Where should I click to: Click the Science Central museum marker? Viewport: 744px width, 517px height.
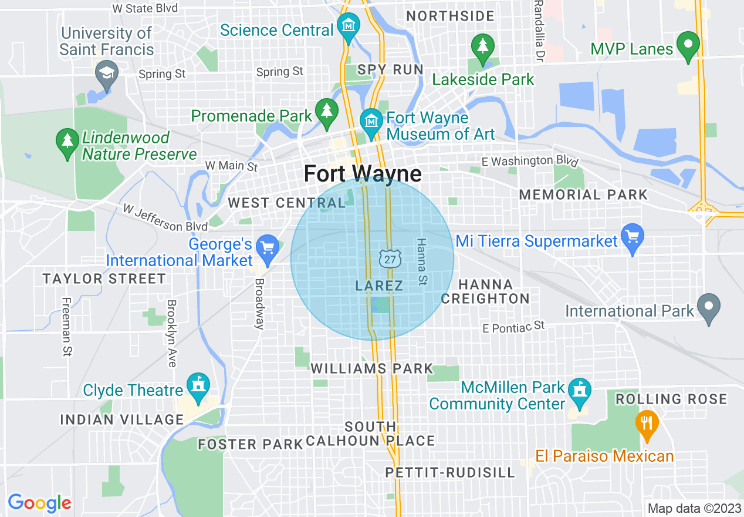pyautogui.click(x=349, y=28)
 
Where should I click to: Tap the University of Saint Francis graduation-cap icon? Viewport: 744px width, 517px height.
pyautogui.click(x=107, y=74)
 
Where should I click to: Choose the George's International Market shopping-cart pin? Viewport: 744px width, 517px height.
pyautogui.click(x=268, y=248)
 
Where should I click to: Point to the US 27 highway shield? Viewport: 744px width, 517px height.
pyautogui.click(x=390, y=257)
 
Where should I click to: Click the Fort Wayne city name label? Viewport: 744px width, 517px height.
pyautogui.click(x=363, y=174)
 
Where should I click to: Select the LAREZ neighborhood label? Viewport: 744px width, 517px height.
pyautogui.click(x=379, y=286)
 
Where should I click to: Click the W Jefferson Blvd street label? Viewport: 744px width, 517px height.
pyautogui.click(x=165, y=217)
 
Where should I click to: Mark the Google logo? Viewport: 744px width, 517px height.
pyautogui.click(x=39, y=503)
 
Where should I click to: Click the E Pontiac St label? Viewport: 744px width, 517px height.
pyautogui.click(x=513, y=326)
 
